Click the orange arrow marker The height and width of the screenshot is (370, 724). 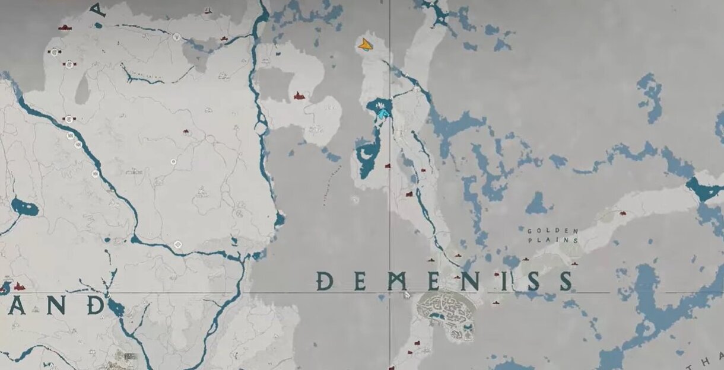(366, 44)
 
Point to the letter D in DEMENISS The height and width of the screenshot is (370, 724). (324, 280)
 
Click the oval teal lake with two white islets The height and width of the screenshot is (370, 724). (24, 208)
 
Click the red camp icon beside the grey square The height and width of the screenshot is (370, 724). (299, 95)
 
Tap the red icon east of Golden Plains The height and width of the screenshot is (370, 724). (623, 212)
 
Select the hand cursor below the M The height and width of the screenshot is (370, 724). (407, 294)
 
